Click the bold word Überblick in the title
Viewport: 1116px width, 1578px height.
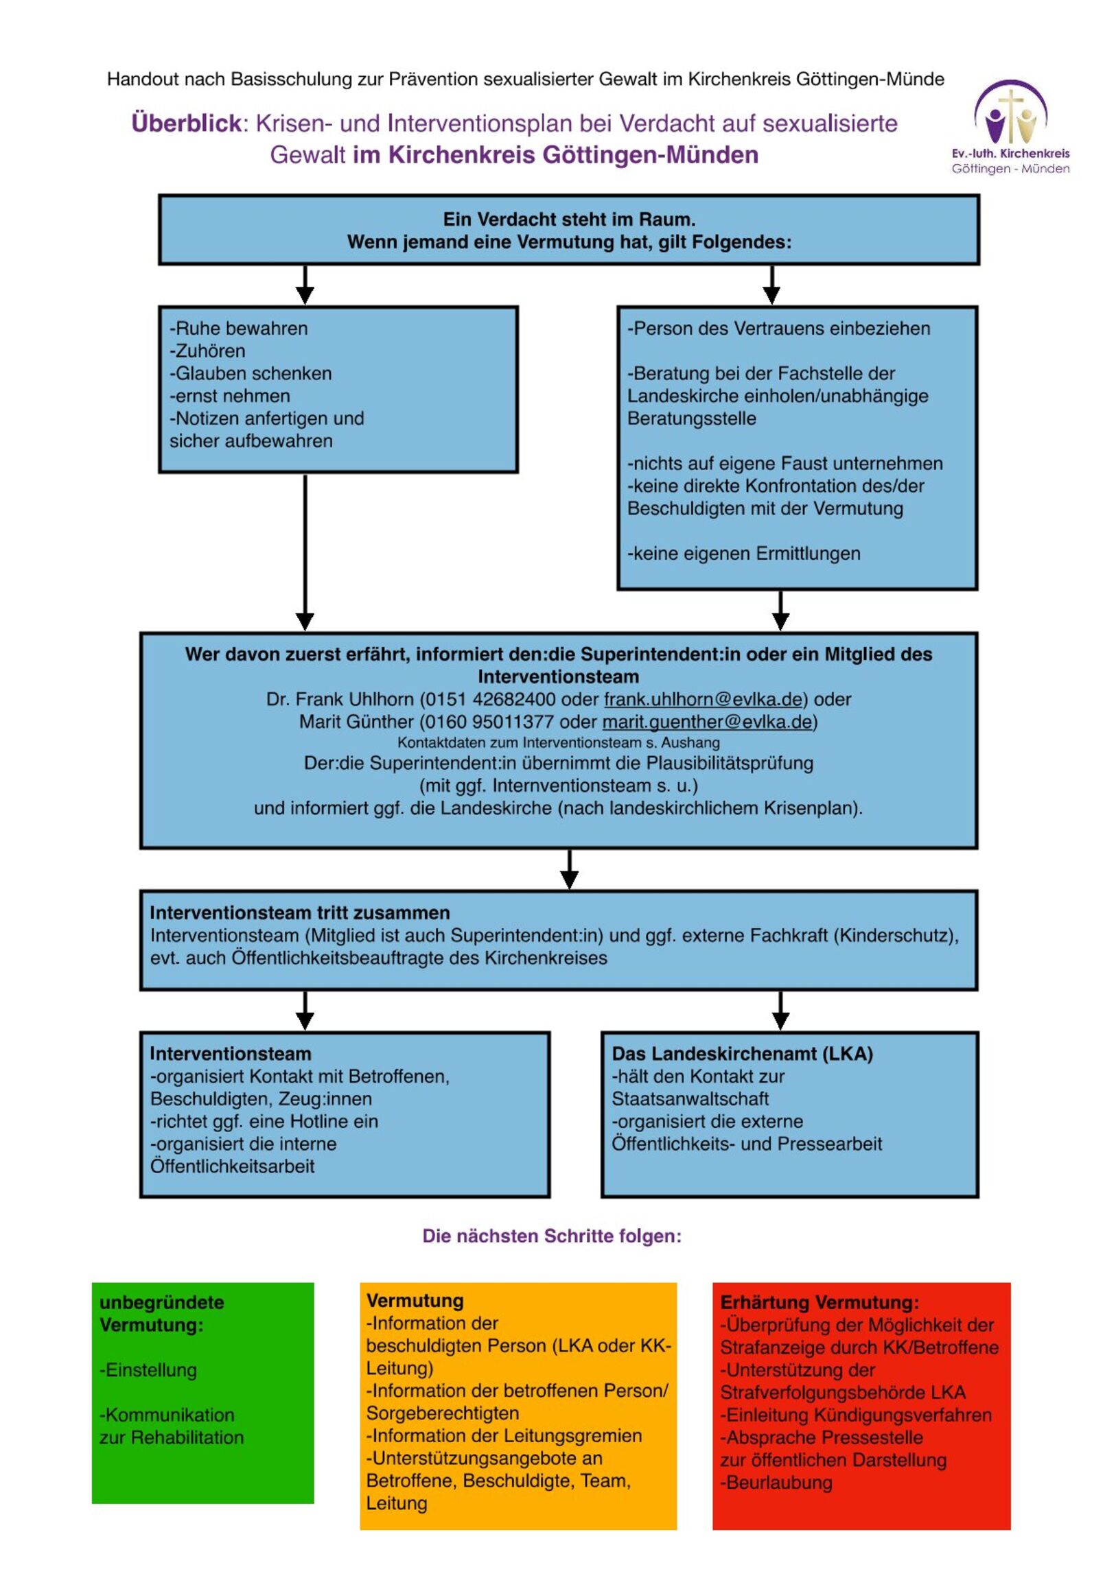click(185, 123)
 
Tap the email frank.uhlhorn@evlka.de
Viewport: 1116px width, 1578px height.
click(703, 699)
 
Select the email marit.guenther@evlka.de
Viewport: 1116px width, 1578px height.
click(707, 722)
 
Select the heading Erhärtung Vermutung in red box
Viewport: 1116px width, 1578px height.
click(819, 1302)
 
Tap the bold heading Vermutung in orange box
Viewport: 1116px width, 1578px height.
click(415, 1300)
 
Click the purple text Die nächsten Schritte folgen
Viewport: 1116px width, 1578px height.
click(551, 1236)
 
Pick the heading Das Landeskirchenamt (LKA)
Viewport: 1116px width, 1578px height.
click(742, 1054)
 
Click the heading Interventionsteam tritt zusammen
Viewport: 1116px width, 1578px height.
click(300, 912)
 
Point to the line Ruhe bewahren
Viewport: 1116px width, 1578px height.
click(239, 329)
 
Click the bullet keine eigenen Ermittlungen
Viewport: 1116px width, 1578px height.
click(743, 553)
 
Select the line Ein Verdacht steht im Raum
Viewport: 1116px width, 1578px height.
click(569, 220)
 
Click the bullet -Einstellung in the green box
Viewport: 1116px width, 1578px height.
click(148, 1369)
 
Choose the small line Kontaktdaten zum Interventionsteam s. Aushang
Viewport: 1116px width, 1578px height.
click(559, 742)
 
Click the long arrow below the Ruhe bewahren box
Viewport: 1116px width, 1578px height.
click(305, 550)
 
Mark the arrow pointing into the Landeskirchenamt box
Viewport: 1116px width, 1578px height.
click(780, 1011)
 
